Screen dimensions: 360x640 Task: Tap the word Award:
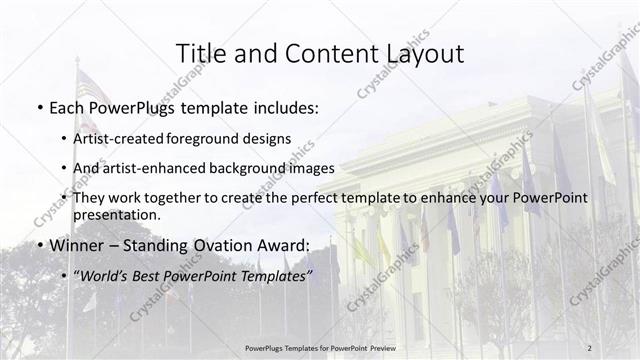(283, 245)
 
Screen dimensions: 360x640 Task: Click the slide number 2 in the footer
(589, 348)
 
